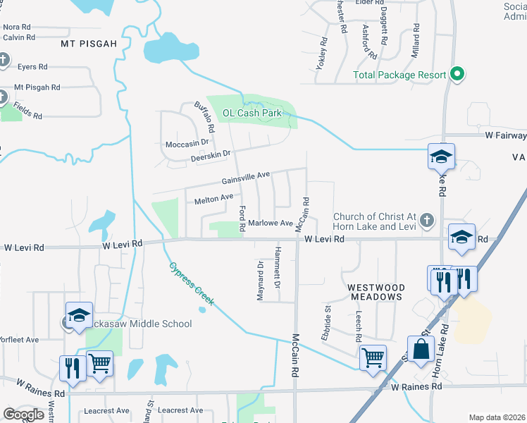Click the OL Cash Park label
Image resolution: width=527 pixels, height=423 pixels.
[x=252, y=113]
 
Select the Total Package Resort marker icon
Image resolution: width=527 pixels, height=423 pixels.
[x=457, y=74]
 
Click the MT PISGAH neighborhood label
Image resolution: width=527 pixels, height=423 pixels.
[x=88, y=44]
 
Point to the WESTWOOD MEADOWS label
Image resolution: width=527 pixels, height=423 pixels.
[x=376, y=292]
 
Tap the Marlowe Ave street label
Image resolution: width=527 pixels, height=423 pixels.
[x=271, y=223]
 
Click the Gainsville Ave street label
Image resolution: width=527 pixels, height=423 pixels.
[x=247, y=177]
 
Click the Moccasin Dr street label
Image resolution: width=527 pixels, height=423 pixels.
[x=187, y=143]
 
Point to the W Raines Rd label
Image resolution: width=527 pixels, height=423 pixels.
[x=416, y=387]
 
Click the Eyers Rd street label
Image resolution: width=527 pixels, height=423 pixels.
[x=32, y=66]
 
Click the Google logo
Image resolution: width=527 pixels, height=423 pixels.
[x=24, y=414]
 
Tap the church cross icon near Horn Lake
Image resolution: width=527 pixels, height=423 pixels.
[x=426, y=221]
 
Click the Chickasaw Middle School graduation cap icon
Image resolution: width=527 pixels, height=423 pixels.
[x=80, y=314]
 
